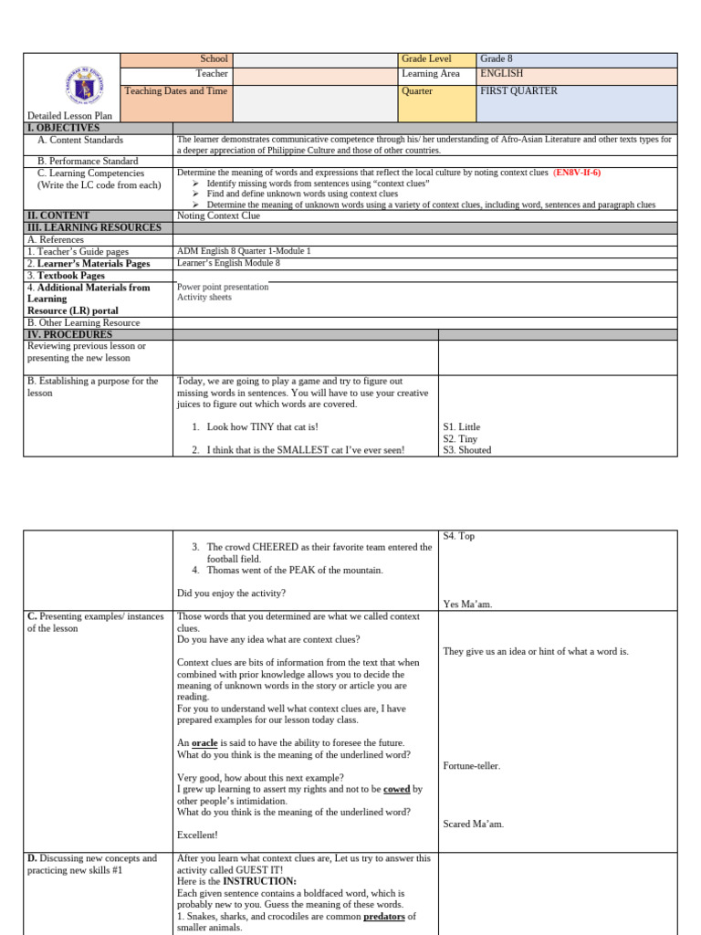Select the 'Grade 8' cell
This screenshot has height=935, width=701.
[497, 59]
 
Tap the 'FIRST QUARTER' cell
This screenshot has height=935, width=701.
[518, 91]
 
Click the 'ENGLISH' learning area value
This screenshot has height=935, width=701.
[502, 74]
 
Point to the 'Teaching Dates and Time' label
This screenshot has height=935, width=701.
[176, 91]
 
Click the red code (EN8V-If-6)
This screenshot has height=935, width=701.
[577, 172]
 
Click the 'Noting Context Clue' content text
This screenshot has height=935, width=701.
[218, 215]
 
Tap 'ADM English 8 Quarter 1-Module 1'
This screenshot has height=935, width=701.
[244, 251]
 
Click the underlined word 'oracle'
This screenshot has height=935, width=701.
[204, 743]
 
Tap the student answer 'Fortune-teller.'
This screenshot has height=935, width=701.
[471, 766]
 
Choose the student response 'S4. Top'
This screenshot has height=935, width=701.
[458, 536]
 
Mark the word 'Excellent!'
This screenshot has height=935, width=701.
[197, 835]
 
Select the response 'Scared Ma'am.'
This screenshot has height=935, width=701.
[473, 824]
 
